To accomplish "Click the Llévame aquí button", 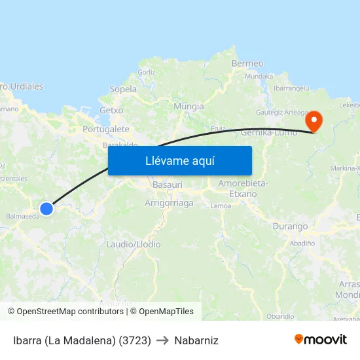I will click(x=179, y=160).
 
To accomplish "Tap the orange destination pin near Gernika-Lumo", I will click(x=314, y=120).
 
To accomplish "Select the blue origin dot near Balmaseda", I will click(x=46, y=209).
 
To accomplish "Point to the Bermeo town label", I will click(x=247, y=63).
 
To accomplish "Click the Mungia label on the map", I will click(x=189, y=106).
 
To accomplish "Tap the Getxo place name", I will click(x=111, y=111).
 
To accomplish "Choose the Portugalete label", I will click(x=106, y=129).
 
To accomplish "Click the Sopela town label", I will click(x=123, y=89).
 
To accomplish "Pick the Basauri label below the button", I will click(x=167, y=185).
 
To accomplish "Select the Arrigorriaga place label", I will click(x=169, y=203).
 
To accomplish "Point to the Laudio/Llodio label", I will click(x=133, y=244).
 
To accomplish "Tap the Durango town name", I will click(x=290, y=226).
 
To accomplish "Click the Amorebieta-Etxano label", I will click(x=243, y=188).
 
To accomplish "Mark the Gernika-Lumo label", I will click(x=269, y=132).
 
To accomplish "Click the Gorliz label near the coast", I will click(x=147, y=72).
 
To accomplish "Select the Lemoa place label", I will click(x=221, y=206).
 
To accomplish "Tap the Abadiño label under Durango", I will click(x=302, y=242).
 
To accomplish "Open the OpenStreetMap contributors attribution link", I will click(x=69, y=312).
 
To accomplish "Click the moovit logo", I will click(x=321, y=339).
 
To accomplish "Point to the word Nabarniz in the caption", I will click(x=196, y=340).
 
